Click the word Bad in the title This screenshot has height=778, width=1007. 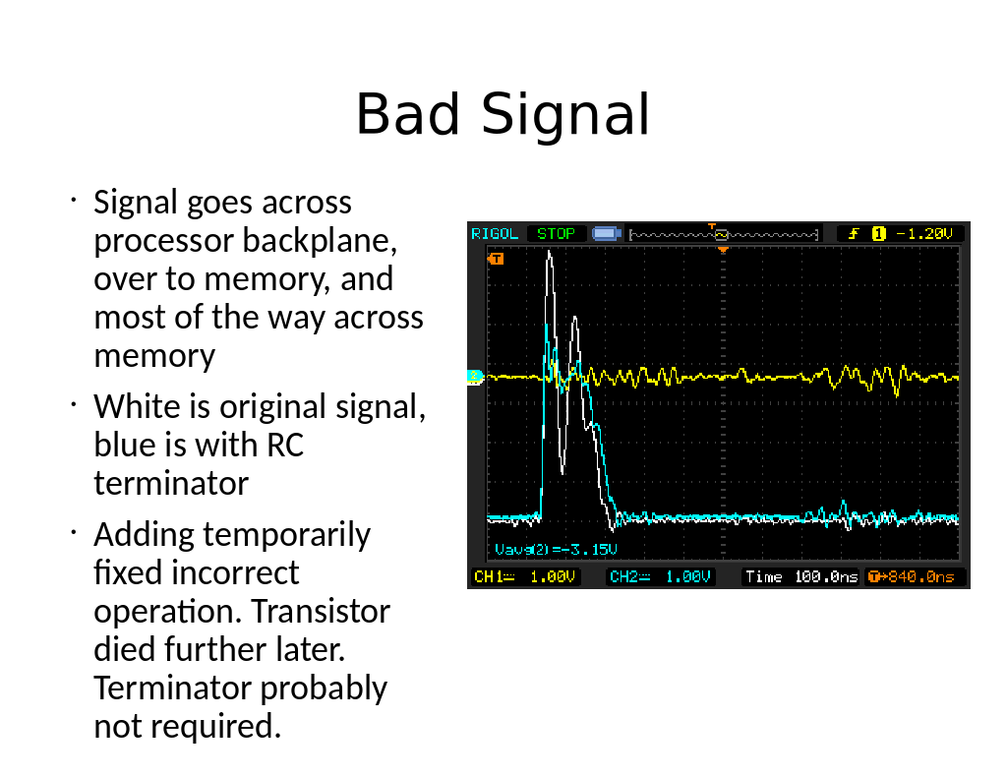click(408, 114)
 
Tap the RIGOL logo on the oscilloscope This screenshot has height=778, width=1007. click(495, 234)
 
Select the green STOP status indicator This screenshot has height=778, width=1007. click(557, 234)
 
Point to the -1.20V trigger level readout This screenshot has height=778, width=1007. click(924, 234)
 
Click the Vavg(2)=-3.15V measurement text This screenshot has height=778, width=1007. click(556, 549)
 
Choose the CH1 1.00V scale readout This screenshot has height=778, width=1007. click(525, 577)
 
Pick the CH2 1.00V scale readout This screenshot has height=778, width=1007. click(660, 577)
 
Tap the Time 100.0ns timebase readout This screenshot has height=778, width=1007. click(801, 577)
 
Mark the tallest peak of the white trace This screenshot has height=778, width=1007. click(549, 252)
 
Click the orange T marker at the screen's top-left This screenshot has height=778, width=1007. click(496, 259)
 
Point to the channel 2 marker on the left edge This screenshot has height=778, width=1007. click(475, 376)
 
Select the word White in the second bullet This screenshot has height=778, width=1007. click(137, 406)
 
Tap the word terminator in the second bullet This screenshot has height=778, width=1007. click(171, 483)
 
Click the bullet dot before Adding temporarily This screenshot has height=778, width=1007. click(73, 532)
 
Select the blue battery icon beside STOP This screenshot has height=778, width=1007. click(606, 233)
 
